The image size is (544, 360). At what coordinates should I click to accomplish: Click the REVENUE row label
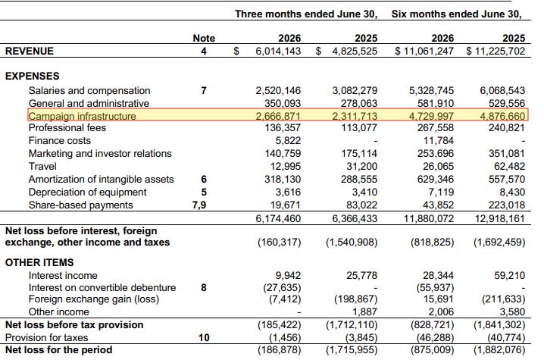click(x=30, y=51)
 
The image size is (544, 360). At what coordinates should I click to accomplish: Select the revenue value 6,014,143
click(x=278, y=51)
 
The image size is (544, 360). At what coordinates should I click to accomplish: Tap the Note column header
click(x=204, y=38)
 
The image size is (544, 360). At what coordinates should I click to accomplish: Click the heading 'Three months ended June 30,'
click(x=306, y=14)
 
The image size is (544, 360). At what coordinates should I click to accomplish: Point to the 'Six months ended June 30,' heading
click(x=457, y=14)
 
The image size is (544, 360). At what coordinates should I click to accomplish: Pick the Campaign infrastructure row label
click(x=83, y=116)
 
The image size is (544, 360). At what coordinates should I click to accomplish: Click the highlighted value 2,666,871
click(x=278, y=116)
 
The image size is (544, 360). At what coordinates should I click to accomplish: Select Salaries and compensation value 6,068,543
click(x=502, y=91)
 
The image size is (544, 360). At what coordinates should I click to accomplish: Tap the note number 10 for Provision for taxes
click(x=204, y=337)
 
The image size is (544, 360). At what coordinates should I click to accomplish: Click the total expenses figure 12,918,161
click(x=500, y=219)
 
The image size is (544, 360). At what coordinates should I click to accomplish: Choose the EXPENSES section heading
click(x=33, y=76)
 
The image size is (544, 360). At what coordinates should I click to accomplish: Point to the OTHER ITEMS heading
click(x=39, y=262)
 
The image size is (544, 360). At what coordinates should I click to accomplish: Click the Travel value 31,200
click(x=361, y=166)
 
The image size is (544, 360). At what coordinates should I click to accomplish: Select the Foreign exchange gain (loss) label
click(x=94, y=299)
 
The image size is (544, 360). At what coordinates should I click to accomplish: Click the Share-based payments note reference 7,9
click(x=199, y=205)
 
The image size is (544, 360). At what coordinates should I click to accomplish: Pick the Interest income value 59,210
click(x=510, y=275)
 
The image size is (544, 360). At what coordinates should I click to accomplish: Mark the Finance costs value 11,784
click(x=439, y=141)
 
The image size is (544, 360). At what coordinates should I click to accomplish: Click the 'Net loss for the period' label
click(x=58, y=349)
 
